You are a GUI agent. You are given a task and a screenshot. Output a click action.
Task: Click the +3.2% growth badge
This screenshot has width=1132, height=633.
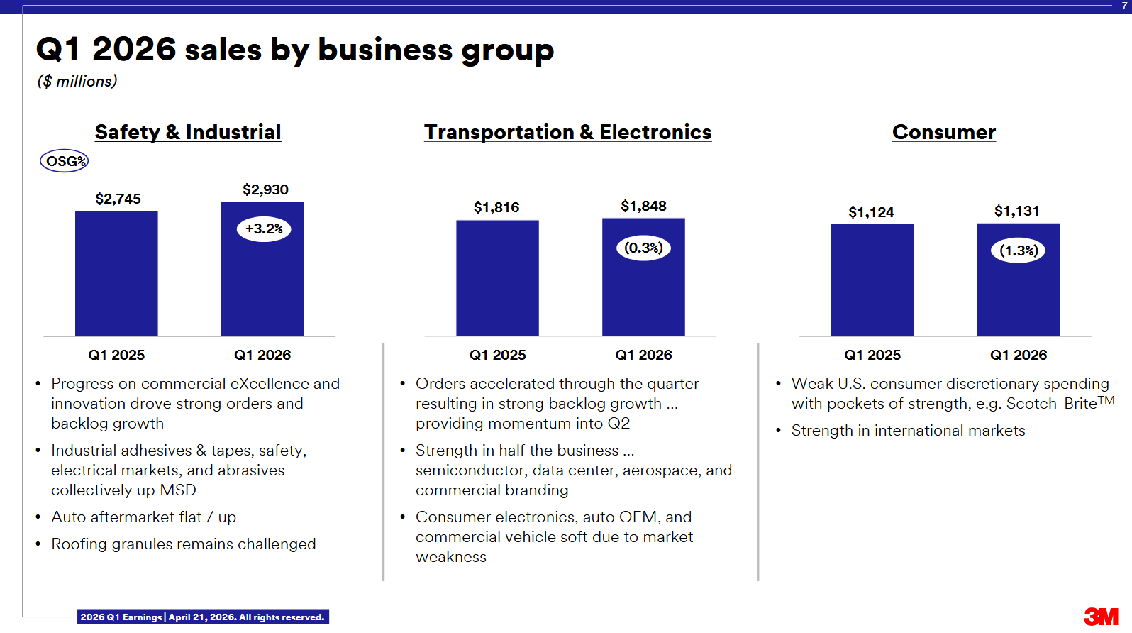264,229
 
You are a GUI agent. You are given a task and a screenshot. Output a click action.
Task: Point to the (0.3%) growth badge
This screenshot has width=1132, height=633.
643,248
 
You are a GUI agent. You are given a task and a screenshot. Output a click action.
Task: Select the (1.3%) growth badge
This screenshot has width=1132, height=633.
1018,251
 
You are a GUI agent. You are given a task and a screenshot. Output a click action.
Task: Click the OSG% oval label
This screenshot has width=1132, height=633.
65,161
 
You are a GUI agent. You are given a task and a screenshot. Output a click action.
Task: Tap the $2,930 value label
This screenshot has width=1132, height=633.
265,189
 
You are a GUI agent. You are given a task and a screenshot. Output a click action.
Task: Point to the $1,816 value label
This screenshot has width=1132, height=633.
496,207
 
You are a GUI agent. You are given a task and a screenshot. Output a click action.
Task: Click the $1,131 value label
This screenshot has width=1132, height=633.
1016,211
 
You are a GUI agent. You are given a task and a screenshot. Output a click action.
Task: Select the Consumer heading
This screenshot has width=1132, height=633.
943,132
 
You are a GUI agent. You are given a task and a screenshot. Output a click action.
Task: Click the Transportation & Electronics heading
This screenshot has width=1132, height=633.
567,132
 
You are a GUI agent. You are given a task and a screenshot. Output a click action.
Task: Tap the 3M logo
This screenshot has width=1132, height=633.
1100,617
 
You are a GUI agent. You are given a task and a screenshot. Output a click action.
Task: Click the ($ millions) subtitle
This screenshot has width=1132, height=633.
77,82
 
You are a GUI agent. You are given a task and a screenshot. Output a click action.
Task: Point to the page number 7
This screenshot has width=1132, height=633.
1123,5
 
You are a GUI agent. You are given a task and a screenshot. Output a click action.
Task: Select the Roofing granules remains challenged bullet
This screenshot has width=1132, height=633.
183,544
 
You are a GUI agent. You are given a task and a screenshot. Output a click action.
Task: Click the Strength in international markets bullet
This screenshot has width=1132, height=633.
908,431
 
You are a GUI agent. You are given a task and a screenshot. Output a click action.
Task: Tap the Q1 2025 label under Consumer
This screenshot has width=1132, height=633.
872,355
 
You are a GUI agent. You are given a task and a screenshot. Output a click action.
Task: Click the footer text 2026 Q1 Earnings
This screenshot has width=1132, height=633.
121,617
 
